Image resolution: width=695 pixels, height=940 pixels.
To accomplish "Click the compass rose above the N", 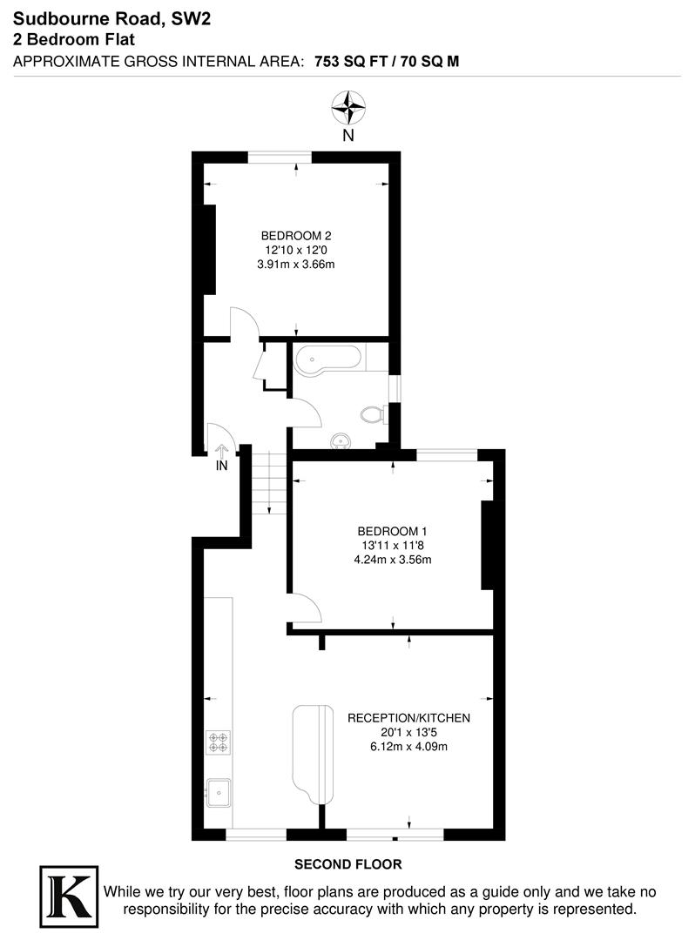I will click(347, 109).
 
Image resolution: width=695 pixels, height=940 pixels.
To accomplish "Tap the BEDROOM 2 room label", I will click(297, 235).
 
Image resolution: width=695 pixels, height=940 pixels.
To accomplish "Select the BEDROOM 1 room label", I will click(392, 531).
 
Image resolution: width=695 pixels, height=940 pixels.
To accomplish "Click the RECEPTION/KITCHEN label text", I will click(408, 718).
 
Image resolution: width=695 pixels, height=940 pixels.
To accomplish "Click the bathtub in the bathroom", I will click(327, 359).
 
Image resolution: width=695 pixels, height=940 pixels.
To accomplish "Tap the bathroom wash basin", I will click(341, 442).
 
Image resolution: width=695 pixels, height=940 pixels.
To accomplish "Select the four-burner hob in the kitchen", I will click(219, 742).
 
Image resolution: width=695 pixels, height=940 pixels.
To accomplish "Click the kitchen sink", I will click(218, 793).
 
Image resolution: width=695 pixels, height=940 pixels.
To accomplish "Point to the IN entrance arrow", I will click(221, 452).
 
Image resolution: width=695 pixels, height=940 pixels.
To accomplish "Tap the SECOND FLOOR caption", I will click(347, 864).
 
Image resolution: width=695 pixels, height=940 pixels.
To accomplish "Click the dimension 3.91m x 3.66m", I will click(297, 264).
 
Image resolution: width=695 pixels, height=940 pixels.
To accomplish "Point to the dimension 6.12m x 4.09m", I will click(408, 747).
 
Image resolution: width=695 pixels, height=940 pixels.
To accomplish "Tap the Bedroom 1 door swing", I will click(305, 607).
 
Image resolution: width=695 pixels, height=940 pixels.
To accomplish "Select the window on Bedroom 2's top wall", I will click(280, 157).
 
